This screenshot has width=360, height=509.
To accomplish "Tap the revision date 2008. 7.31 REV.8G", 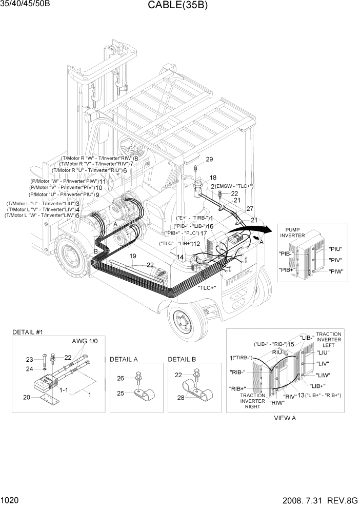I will [x=317, y=500].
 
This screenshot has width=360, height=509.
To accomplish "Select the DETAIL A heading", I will [x=124, y=359].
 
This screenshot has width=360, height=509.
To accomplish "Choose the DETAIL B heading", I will [x=182, y=359].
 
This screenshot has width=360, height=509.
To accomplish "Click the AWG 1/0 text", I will [x=81, y=341].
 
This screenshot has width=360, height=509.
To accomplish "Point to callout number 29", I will [x=209, y=159].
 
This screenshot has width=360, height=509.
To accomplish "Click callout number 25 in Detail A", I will [x=121, y=394].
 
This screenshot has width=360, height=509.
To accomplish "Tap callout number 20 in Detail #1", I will [x=27, y=397].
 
